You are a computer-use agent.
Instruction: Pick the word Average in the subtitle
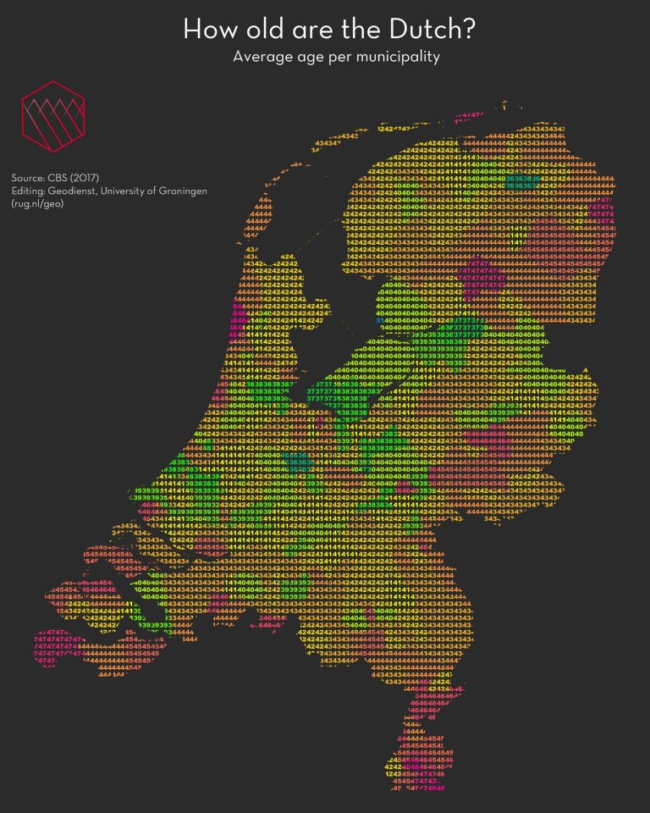point(262,58)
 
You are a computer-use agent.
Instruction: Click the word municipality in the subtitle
point(397,58)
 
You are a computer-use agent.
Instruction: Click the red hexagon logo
point(52,115)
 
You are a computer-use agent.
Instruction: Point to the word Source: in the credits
point(29,179)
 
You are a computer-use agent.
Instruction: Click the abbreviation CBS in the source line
point(61,179)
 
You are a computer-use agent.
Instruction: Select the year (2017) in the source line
point(89,179)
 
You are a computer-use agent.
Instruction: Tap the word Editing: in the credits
point(30,191)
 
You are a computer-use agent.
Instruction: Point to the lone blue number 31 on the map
point(380,321)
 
